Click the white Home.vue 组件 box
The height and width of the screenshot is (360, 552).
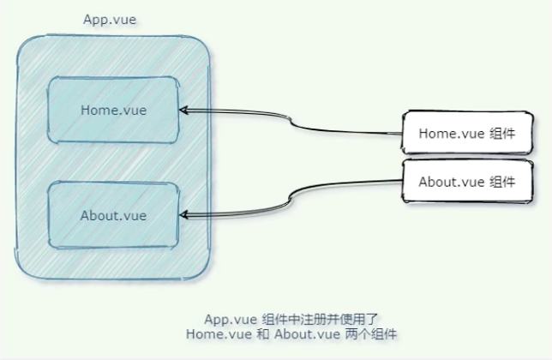[464, 133]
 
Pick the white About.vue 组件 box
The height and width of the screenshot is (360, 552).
[464, 182]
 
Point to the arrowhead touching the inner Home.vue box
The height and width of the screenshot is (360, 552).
[185, 110]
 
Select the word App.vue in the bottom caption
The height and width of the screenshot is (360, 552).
[229, 318]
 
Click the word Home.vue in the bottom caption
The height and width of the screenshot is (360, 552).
[213, 333]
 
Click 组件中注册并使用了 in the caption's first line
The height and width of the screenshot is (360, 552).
[312, 318]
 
